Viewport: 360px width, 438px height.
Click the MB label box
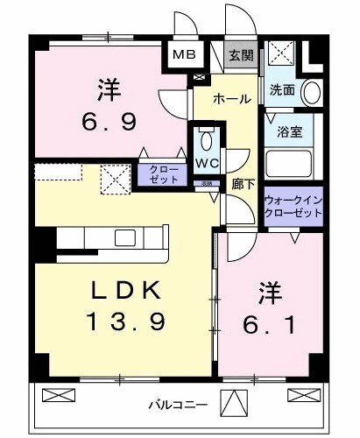(x=184, y=55)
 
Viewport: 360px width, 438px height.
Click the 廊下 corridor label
(x=242, y=185)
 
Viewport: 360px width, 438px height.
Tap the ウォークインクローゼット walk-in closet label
(x=293, y=208)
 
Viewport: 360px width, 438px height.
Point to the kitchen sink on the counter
(x=124, y=237)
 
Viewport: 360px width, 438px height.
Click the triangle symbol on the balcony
(x=232, y=404)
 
